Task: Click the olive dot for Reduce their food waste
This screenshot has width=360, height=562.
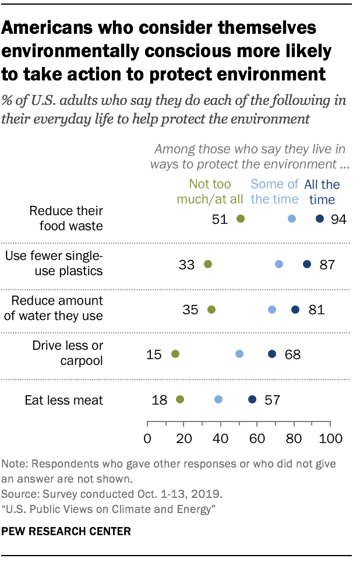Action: pyautogui.click(x=241, y=219)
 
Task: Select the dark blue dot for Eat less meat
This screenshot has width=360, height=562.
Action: pyautogui.click(x=252, y=399)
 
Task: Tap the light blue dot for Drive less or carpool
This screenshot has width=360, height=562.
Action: pyautogui.click(x=239, y=354)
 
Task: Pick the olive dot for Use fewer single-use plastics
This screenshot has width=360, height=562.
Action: pyautogui.click(x=208, y=264)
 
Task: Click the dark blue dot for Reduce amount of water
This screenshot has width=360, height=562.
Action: pyautogui.click(x=295, y=309)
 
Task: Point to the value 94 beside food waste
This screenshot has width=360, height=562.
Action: pyautogui.click(x=338, y=219)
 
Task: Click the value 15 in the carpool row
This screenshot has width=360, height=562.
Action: pyautogui.click(x=154, y=354)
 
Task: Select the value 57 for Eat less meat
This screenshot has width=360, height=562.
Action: pyautogui.click(x=272, y=400)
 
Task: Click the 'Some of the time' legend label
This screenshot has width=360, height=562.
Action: pyautogui.click(x=274, y=192)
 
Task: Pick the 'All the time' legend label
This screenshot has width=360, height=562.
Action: pyautogui.click(x=322, y=192)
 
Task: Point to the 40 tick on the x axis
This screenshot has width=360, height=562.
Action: pyautogui.click(x=220, y=438)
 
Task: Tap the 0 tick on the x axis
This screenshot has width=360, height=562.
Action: pyautogui.click(x=147, y=438)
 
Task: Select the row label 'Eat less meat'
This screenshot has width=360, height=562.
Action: pyautogui.click(x=63, y=400)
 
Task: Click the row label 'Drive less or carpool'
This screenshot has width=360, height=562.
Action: pyautogui.click(x=67, y=353)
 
